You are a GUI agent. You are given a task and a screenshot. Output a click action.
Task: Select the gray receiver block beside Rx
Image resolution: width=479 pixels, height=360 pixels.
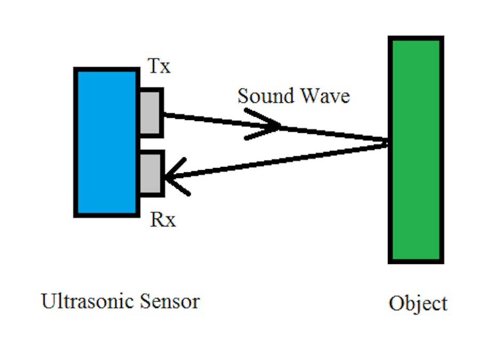click(151, 173)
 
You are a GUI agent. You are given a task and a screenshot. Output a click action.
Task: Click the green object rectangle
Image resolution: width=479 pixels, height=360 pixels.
click(416, 149)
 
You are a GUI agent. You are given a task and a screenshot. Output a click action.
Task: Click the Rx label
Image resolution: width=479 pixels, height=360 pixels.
click(163, 219)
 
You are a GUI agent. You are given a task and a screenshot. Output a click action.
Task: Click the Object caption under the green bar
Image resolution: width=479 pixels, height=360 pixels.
click(418, 303)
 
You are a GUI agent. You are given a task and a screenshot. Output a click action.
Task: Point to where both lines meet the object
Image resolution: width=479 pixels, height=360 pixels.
click(387, 142)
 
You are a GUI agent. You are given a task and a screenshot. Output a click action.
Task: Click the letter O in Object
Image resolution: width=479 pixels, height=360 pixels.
click(397, 303)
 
